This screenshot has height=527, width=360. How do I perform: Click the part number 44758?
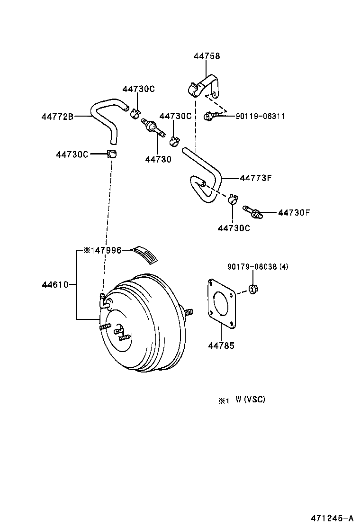pos(207,56)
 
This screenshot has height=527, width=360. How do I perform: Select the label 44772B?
pos(57,116)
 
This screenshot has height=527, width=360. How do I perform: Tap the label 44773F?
pos(255,178)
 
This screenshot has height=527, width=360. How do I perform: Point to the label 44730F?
pos(293,212)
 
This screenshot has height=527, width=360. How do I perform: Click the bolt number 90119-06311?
pos(260,116)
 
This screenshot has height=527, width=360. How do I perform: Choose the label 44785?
pos(221,345)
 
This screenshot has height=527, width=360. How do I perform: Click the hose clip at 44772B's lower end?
pos(112,154)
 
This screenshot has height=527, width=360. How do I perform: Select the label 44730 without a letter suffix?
pos(158,160)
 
